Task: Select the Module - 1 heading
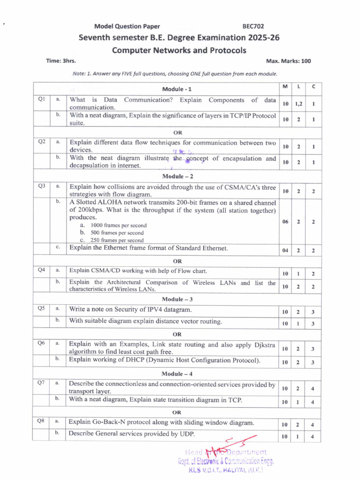click(x=177, y=89)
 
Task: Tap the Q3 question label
click(x=41, y=186)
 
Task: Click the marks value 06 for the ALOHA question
click(x=285, y=222)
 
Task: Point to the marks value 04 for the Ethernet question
click(x=285, y=250)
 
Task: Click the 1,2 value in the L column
click(x=299, y=104)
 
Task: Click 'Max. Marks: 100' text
click(x=288, y=61)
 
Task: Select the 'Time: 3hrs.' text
click(x=60, y=61)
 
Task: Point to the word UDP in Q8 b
click(x=185, y=433)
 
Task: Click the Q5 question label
click(x=41, y=308)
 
